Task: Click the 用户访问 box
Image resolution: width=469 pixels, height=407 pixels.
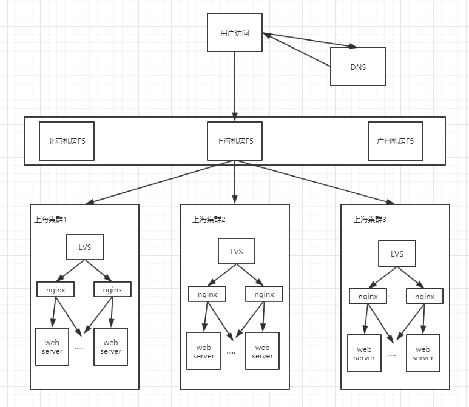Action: point(235,32)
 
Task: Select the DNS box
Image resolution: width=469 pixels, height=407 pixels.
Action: point(358,66)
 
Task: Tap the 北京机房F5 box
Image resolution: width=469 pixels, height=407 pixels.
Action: point(67,141)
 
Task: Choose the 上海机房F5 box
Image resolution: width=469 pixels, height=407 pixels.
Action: point(235,141)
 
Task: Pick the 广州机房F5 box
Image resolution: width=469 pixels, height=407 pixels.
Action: point(396,141)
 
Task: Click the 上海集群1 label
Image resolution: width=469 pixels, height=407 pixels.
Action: point(50,220)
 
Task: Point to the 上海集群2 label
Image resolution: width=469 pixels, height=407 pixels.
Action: point(209,220)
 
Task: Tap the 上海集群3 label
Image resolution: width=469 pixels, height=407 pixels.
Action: point(370,220)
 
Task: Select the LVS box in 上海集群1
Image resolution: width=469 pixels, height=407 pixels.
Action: point(85,247)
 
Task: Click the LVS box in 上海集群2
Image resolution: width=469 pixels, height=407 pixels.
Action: point(237,251)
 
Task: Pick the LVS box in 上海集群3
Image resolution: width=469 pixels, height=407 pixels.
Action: point(397,254)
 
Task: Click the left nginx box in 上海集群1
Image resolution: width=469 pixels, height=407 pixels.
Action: point(55,289)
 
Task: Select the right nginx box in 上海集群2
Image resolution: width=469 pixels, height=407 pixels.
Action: point(264,294)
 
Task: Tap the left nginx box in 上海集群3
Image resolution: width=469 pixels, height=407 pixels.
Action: point(368,296)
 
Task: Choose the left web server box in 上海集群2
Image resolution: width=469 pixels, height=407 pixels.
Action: point(204,351)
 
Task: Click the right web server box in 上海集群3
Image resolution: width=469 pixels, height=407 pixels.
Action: point(423,353)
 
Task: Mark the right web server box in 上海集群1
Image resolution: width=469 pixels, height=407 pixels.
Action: point(110,346)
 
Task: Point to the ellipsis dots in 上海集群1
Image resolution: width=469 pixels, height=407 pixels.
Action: point(79,349)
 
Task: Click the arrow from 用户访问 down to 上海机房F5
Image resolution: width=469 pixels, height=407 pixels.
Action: point(235,86)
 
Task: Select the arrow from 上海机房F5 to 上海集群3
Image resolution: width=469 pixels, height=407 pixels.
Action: point(315,182)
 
